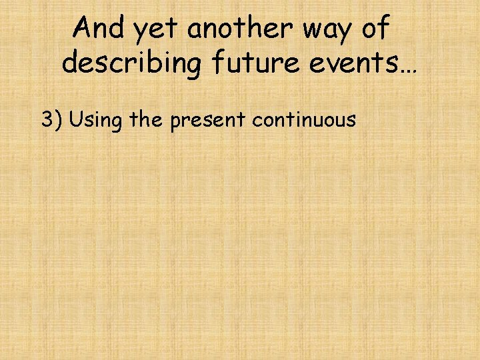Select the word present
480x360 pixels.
tap(207, 121)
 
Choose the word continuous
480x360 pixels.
tap(304, 120)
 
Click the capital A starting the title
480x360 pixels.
tap(83, 28)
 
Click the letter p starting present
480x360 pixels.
tap(175, 123)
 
